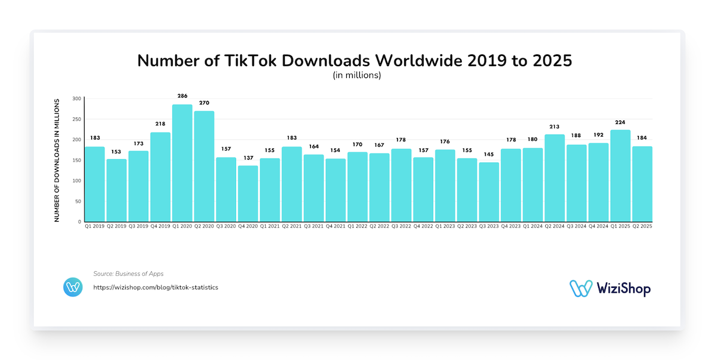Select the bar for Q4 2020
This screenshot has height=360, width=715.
(248, 194)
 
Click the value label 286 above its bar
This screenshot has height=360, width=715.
(182, 95)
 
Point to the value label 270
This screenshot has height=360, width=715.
(204, 103)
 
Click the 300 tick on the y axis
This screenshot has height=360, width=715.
(76, 98)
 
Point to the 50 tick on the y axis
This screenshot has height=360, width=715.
(77, 201)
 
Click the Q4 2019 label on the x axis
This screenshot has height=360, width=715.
(160, 227)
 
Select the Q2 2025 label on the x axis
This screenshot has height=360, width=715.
(642, 227)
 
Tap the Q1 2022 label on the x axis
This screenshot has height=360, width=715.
(357, 227)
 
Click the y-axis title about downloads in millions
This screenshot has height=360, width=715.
(57, 160)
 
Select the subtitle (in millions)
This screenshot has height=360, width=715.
(357, 76)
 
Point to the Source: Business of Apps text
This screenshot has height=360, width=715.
(128, 274)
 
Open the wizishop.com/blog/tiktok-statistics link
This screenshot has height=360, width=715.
(156, 287)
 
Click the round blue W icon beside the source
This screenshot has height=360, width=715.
(73, 287)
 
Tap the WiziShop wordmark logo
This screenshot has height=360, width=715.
(610, 288)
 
